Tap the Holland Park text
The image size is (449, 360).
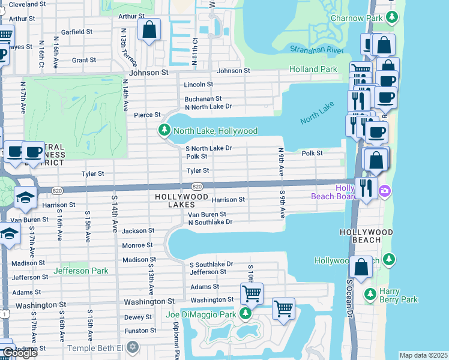(x=313, y=69)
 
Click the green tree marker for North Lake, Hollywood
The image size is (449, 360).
(x=164, y=130)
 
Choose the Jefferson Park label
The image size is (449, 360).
(x=81, y=271)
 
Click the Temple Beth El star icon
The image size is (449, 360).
(x=132, y=348)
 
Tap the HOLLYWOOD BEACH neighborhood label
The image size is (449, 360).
(x=366, y=236)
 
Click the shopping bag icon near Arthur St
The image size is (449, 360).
(x=149, y=29)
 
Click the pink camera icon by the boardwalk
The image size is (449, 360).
(x=384, y=191)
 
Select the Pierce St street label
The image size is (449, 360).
(x=147, y=115)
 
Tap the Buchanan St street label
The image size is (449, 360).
(x=203, y=98)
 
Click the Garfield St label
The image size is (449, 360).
(x=76, y=31)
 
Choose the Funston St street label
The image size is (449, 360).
(x=140, y=331)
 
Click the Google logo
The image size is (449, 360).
(x=19, y=352)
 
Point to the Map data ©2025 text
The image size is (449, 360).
(x=423, y=355)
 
